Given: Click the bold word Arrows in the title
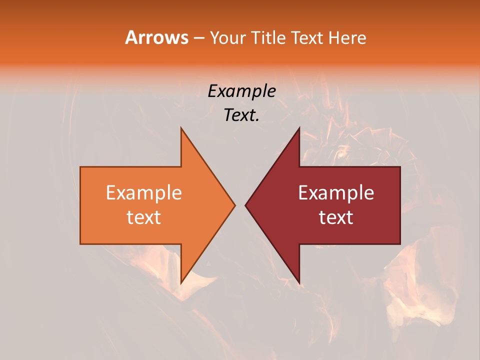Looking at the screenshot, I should [156, 37].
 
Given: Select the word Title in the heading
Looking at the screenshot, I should [268, 38].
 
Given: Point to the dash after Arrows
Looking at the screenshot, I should [199, 38].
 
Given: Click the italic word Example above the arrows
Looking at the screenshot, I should [241, 91].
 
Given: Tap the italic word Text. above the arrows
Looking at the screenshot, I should [241, 115].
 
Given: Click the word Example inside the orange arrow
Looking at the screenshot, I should [143, 193].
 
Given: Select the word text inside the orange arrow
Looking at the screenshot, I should [143, 217].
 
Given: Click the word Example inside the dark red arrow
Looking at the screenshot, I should [336, 193].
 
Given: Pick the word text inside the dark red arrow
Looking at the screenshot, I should [336, 217].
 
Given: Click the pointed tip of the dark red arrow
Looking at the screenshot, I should [246, 205].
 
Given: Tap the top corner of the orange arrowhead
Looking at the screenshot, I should [181, 128].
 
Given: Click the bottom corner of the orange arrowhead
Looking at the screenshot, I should [181, 282].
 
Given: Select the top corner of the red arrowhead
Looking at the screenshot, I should [299, 128].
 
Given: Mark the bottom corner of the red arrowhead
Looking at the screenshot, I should [299, 282].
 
